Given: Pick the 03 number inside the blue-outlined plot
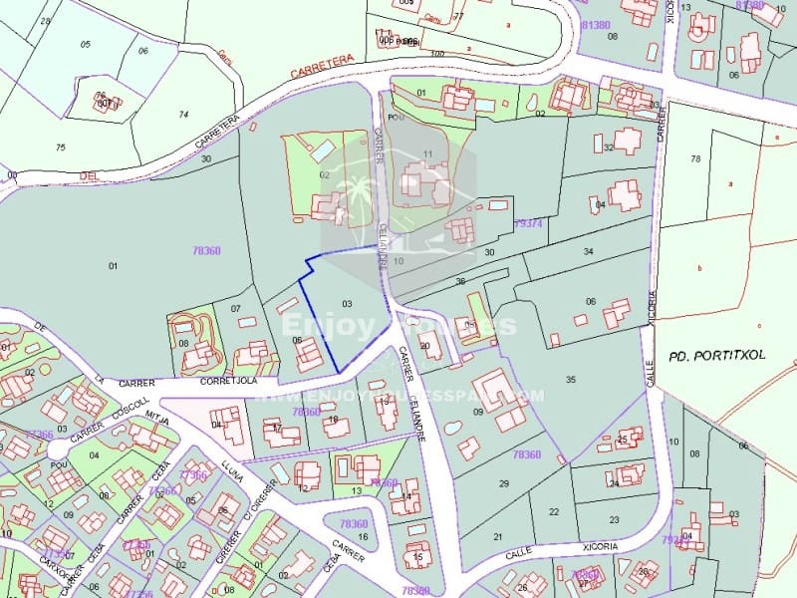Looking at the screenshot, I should (347, 301).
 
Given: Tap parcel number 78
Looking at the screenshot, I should (695, 158).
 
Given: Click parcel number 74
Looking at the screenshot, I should (183, 115).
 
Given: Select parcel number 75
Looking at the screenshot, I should (60, 148).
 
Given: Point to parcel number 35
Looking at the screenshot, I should (570, 380).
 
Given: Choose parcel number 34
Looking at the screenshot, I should (588, 251).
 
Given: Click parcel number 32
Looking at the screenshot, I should (608, 148).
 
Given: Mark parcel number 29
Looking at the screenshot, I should (503, 483).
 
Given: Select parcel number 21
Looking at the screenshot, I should (498, 535).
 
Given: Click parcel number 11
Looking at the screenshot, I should (428, 152).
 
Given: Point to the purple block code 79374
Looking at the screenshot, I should (528, 224).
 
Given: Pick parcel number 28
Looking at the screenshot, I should (45, 20).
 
